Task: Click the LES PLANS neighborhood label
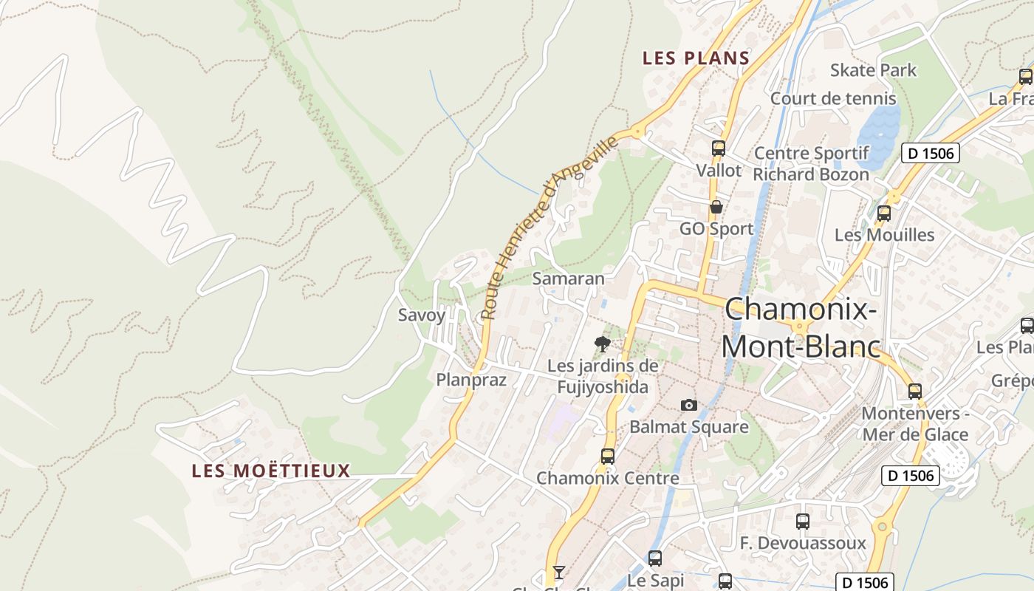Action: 696,58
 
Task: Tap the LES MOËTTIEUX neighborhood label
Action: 271,471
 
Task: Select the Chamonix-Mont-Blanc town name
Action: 801,327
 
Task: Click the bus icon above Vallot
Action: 718,148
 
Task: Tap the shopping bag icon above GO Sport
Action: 716,207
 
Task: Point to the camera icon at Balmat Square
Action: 688,405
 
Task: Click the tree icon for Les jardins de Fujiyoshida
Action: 603,344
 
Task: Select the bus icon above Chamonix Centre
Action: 607,456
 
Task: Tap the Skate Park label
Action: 873,70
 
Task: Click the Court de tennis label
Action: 833,98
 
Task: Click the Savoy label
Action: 422,315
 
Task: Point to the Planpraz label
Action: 471,380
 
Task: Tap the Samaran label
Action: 568,279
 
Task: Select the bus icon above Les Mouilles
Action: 883,213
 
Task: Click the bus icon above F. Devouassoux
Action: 803,522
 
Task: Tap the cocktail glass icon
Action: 559,572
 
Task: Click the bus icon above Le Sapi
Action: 655,558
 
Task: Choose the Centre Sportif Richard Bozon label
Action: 811,164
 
